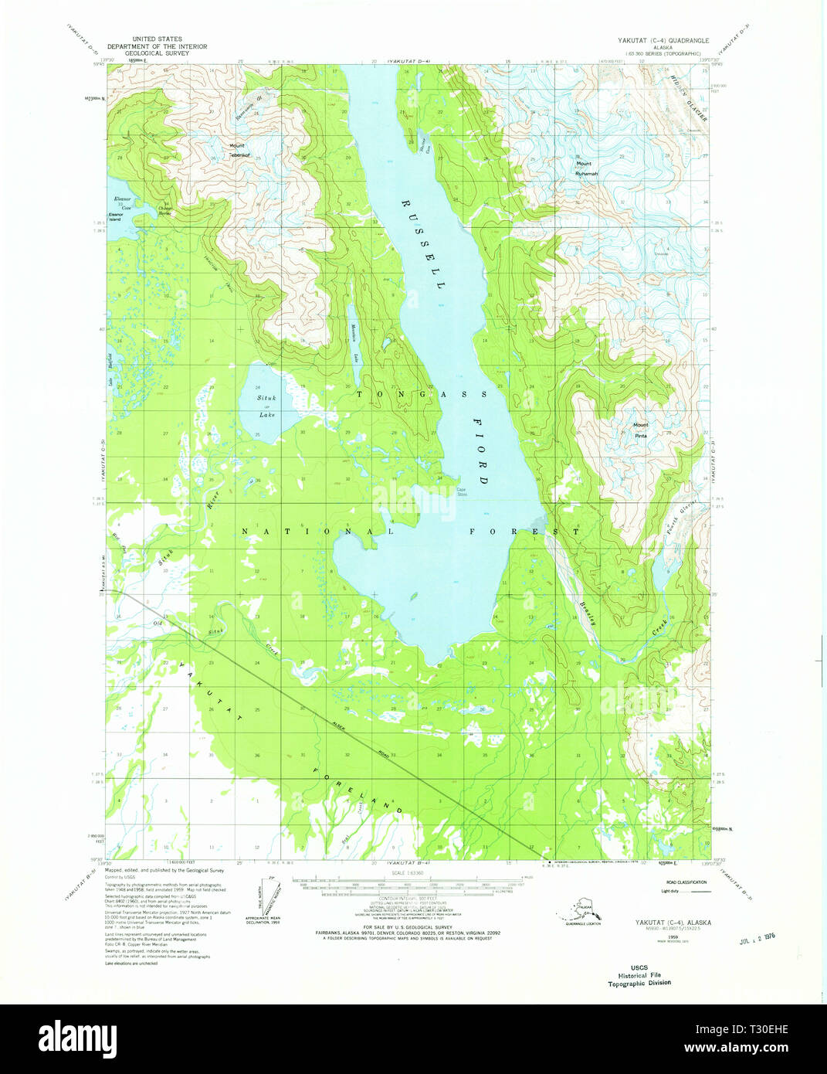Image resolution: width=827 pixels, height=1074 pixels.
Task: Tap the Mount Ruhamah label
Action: (x=585, y=168)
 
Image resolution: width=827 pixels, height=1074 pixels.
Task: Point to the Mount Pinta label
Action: (x=641, y=430)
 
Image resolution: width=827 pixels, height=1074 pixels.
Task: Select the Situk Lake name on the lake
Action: (x=266, y=406)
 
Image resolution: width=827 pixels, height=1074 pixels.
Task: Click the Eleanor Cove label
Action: (x=122, y=204)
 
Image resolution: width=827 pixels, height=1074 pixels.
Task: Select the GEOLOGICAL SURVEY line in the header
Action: (x=157, y=54)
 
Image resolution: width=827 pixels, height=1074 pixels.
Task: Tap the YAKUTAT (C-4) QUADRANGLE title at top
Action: (x=658, y=39)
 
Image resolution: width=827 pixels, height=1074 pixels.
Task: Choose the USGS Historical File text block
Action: (x=639, y=975)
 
